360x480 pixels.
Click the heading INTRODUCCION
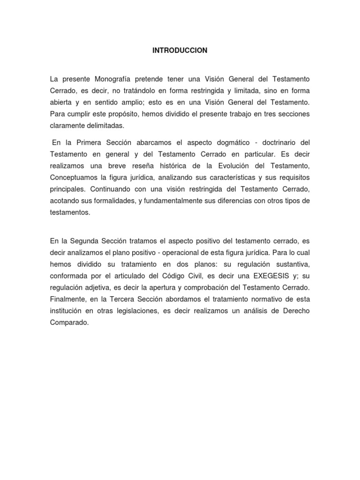coord(180,51)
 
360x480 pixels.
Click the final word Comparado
coord(69,323)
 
